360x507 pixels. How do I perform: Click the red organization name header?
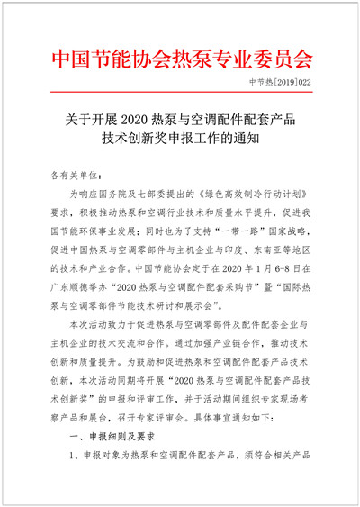point(180,60)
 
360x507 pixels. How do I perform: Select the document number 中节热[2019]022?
point(283,82)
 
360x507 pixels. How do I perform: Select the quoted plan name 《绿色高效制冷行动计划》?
point(246,194)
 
